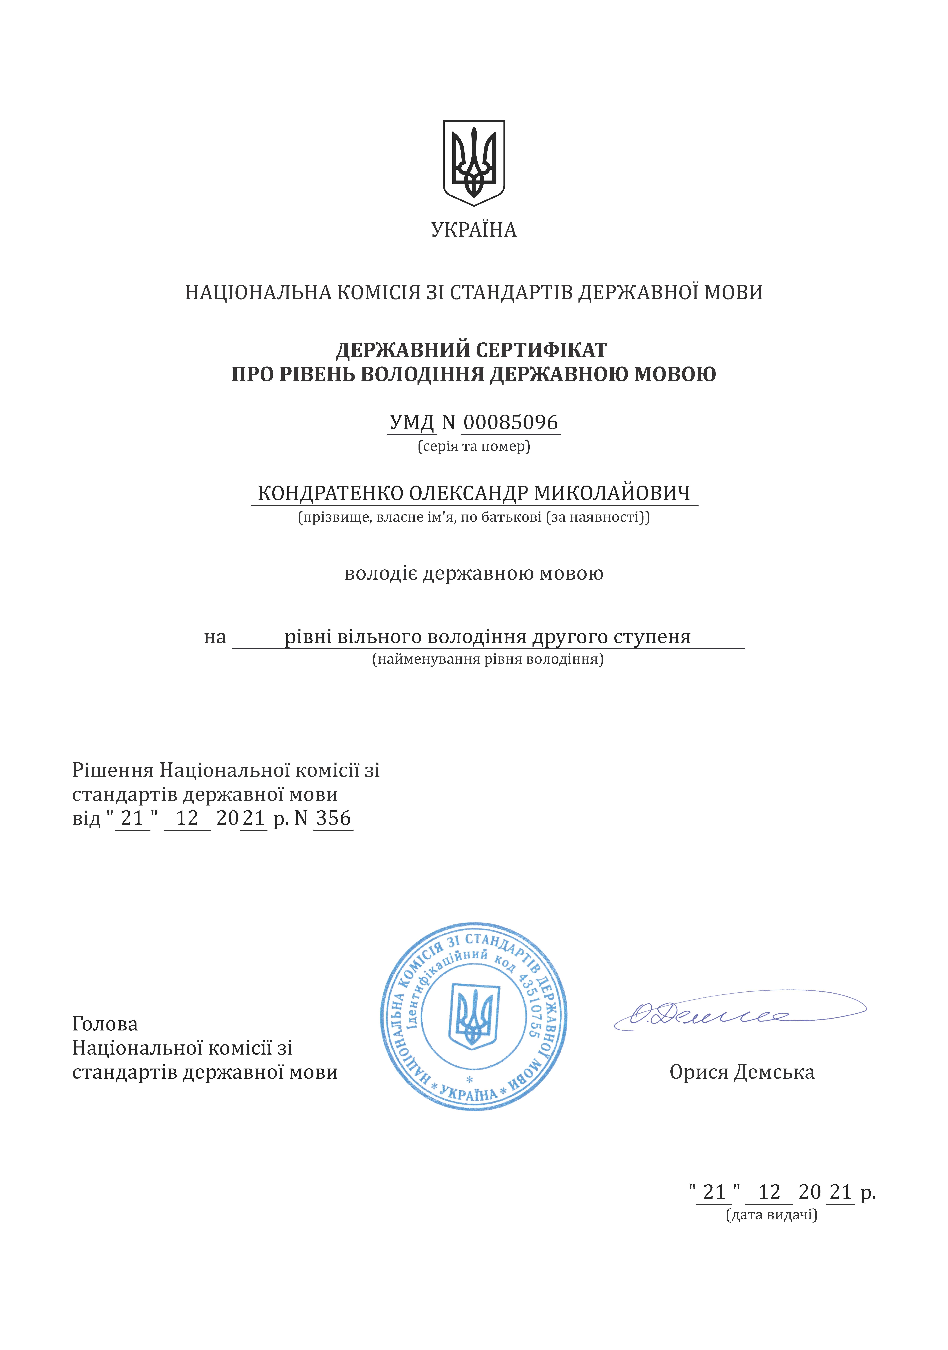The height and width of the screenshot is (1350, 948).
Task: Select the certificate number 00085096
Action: click(510, 422)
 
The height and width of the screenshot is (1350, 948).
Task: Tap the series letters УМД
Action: click(412, 422)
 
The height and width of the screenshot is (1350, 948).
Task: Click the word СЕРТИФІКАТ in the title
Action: click(541, 351)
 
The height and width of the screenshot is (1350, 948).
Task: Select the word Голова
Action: click(105, 1024)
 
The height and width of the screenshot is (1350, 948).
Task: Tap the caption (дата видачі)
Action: click(772, 1215)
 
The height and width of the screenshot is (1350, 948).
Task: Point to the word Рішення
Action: click(113, 770)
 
